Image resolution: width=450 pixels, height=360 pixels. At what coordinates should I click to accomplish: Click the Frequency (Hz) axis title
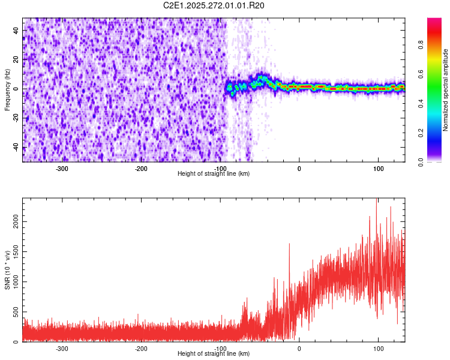pyautogui.click(x=7, y=89)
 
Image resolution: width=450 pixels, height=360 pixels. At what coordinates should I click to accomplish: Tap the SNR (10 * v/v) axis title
pyautogui.click(x=7, y=271)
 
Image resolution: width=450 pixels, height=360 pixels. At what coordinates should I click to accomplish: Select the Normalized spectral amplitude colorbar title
pyautogui.click(x=445, y=89)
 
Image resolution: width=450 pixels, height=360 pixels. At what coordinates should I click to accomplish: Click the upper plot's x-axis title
pyautogui.click(x=214, y=173)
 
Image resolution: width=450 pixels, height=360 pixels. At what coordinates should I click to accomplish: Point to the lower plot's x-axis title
pyautogui.click(x=214, y=353)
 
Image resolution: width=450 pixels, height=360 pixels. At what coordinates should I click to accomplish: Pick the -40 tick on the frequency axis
pyautogui.click(x=14, y=148)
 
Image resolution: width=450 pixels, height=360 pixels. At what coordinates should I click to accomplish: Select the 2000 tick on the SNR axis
pyautogui.click(x=12, y=221)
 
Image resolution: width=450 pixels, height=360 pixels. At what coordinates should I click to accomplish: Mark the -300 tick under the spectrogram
pyautogui.click(x=62, y=169)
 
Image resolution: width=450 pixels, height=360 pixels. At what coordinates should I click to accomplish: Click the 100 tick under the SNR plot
pyautogui.click(x=378, y=349)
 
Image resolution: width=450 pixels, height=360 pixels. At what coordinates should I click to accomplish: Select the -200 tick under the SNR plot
pyautogui.click(x=141, y=349)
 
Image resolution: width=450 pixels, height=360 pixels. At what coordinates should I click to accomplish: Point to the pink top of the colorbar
pyautogui.click(x=434, y=21)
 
